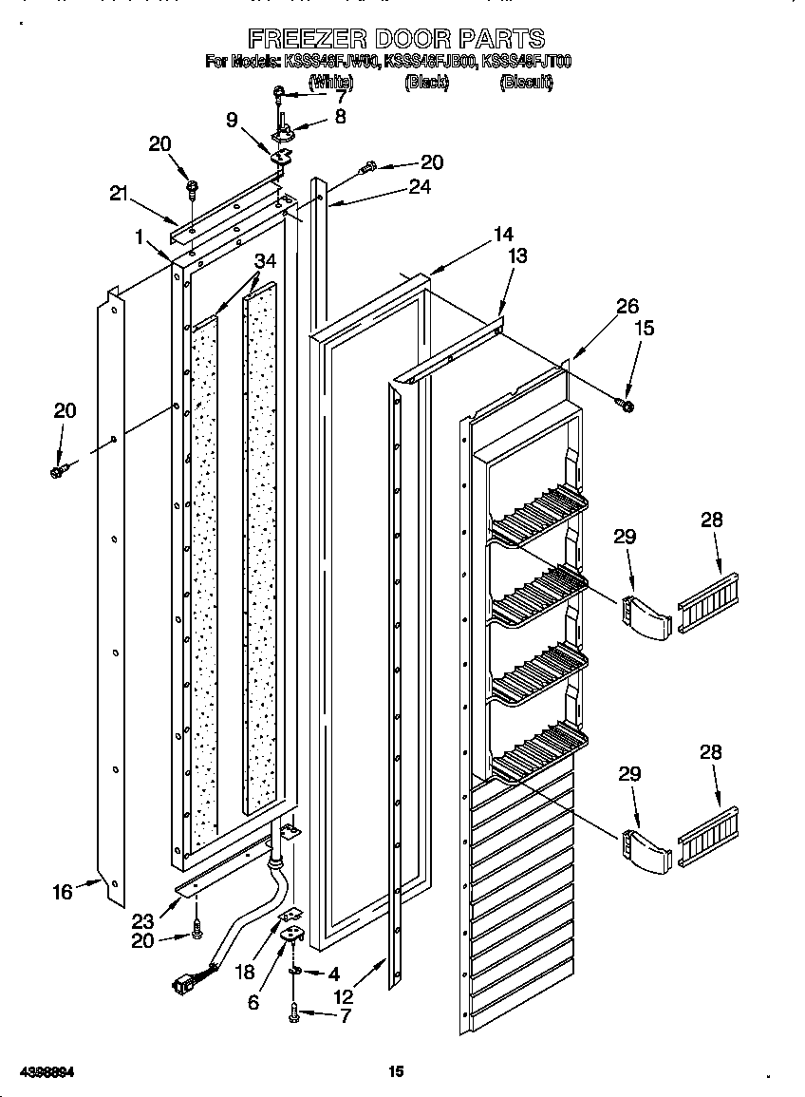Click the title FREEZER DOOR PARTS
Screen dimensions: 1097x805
pyautogui.click(x=397, y=38)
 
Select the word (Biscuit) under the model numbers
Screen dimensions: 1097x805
pyautogui.click(x=526, y=83)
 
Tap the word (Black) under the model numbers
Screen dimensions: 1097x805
pyautogui.click(x=426, y=83)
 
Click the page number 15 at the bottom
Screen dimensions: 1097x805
pyautogui.click(x=396, y=1072)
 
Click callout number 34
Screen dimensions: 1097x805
pyautogui.click(x=266, y=261)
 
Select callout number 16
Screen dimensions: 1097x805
pyautogui.click(x=62, y=892)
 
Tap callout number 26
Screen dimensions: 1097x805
pyautogui.click(x=627, y=306)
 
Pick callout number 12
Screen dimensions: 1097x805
pyautogui.click(x=343, y=997)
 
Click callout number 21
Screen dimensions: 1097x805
pyautogui.click(x=119, y=194)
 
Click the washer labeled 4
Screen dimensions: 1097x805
pyautogui.click(x=295, y=972)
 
